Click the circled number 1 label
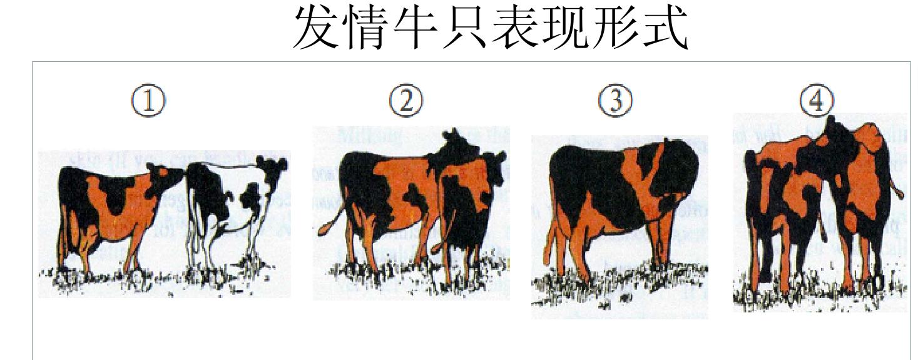point(149,101)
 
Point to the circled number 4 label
point(816,101)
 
